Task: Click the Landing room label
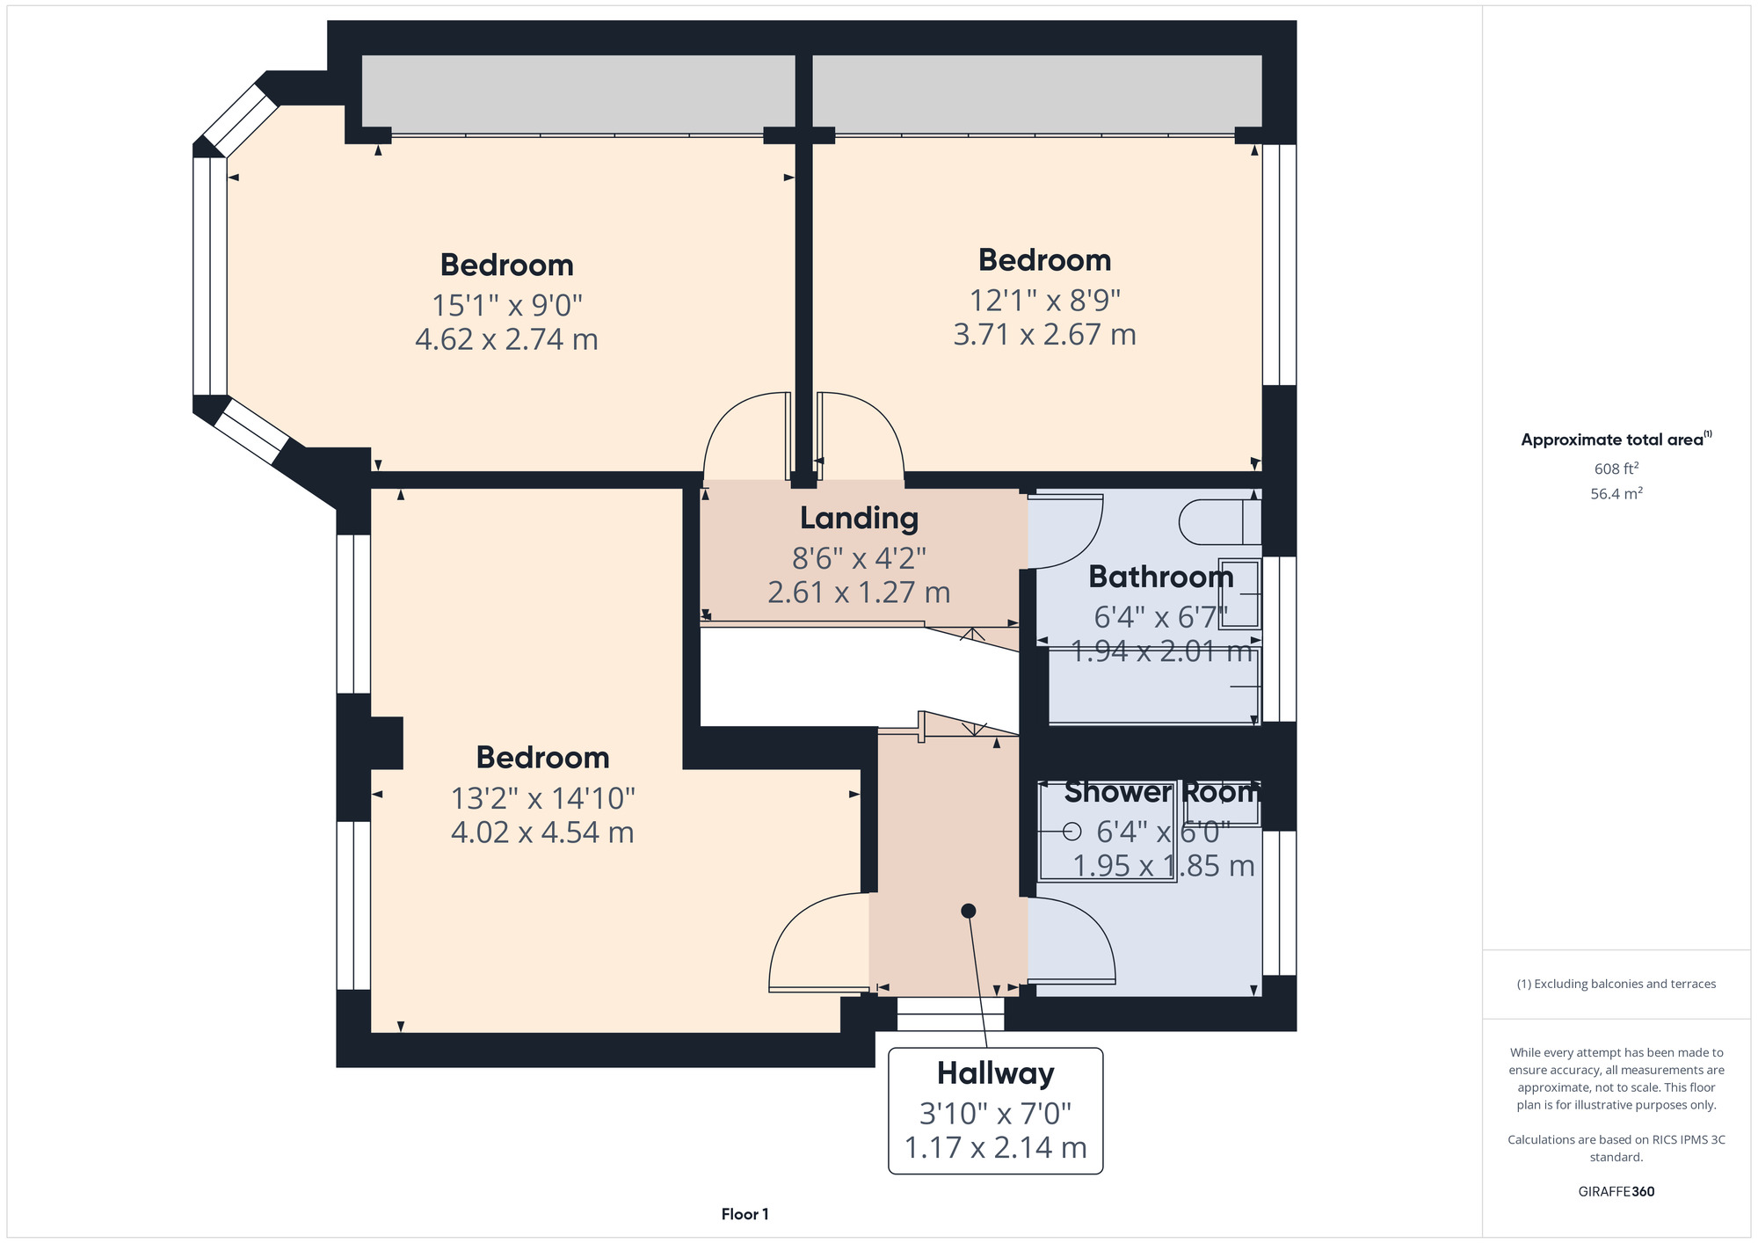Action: (859, 519)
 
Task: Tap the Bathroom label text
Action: (1161, 577)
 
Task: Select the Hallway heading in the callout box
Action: (995, 1074)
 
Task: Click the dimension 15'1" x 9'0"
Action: (507, 305)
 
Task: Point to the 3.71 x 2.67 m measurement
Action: (1044, 334)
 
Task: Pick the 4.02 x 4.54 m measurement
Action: (542, 832)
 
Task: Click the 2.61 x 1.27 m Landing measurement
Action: (859, 592)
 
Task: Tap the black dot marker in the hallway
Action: (969, 911)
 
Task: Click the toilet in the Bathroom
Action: (1220, 522)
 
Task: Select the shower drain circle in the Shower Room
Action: (1072, 831)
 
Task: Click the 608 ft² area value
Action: (1616, 469)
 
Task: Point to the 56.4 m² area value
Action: (1616, 493)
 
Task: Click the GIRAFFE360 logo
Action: (1616, 1192)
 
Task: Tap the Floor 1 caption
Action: (745, 1214)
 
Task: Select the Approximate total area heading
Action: (1616, 440)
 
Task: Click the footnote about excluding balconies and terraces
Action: (1616, 984)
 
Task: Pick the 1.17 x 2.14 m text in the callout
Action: (995, 1147)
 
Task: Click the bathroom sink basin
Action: (1239, 593)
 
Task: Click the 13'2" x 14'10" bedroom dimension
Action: (542, 798)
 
